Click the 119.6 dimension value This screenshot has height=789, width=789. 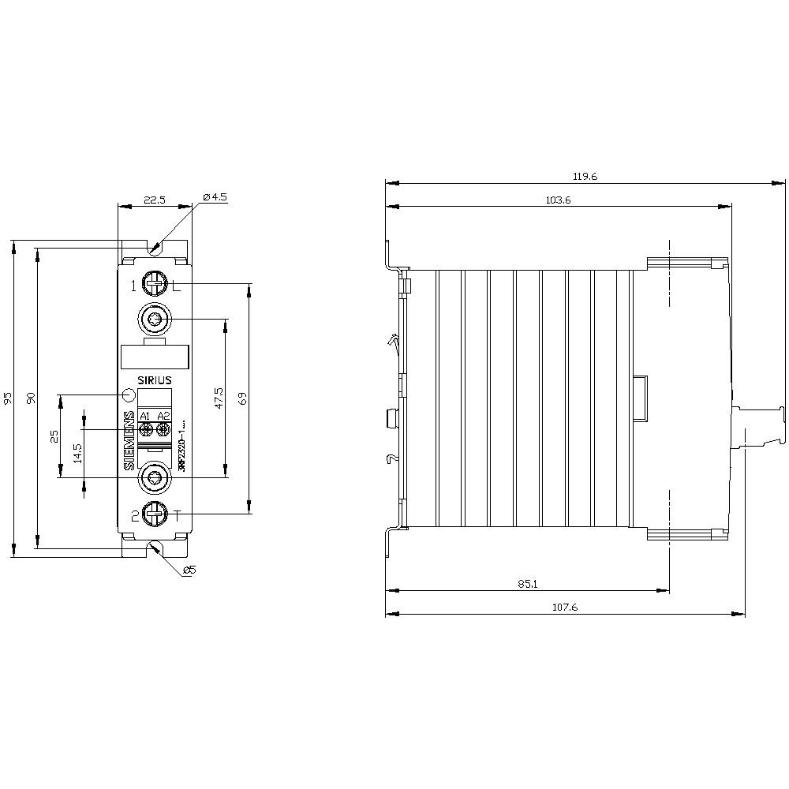[585, 177]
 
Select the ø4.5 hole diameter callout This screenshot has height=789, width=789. [215, 197]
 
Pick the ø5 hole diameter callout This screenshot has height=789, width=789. [189, 570]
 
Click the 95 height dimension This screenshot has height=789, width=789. [9, 399]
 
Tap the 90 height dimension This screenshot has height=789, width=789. [32, 399]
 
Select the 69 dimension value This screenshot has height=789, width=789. [243, 398]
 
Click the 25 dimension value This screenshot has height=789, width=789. [54, 436]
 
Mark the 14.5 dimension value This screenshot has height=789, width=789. [77, 453]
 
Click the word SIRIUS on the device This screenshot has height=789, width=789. [154, 380]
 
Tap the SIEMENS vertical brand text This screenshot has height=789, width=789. [129, 442]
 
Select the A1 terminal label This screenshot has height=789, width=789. [145, 416]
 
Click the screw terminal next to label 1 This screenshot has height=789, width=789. [154, 282]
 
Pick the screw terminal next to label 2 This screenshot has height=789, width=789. [154, 514]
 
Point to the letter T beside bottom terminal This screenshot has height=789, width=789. [177, 517]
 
